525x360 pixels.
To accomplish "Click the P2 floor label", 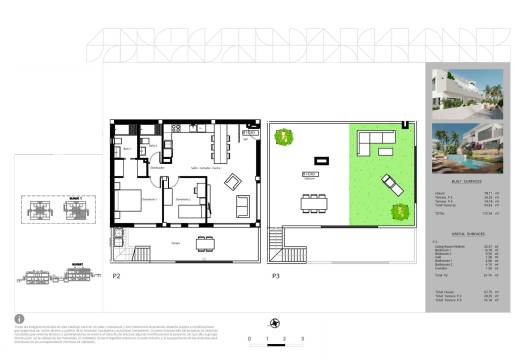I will (117, 275).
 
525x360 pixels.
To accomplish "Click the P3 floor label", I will (274, 275).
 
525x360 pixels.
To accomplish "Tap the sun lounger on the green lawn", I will (390, 185).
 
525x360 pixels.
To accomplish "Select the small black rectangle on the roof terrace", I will (321, 157).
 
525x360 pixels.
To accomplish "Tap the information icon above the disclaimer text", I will (21, 321).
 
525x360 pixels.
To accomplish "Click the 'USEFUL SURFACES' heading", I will (458, 231).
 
